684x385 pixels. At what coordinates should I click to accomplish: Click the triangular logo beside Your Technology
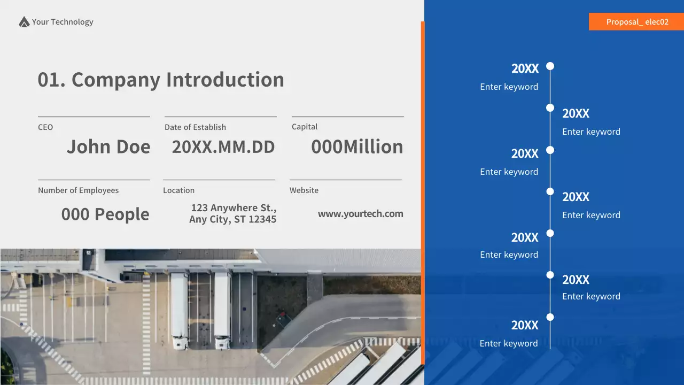click(x=24, y=22)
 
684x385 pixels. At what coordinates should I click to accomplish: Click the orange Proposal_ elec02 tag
click(x=636, y=22)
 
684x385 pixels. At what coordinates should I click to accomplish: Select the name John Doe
click(x=108, y=147)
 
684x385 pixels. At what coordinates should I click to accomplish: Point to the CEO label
click(x=45, y=127)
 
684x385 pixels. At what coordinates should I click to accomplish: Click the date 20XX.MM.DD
click(x=223, y=147)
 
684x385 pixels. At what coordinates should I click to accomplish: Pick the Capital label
click(x=305, y=127)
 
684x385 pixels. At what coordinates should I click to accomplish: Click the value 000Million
click(x=357, y=147)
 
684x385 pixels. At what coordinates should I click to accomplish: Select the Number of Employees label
click(x=79, y=190)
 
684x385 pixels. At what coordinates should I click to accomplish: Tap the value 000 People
click(x=105, y=214)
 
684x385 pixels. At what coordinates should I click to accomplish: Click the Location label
click(x=179, y=190)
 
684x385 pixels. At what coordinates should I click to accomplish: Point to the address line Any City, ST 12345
click(x=233, y=219)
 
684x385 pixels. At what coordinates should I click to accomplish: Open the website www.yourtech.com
click(x=361, y=214)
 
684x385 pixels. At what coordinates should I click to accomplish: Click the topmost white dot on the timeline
click(x=550, y=66)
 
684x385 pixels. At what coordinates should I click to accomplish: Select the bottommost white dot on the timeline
click(x=550, y=317)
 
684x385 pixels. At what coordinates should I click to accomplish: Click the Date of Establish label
click(x=195, y=127)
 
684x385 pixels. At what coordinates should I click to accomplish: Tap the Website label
click(x=304, y=190)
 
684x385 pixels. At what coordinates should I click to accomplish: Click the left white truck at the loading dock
click(x=179, y=310)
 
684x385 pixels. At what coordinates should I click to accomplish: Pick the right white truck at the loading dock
click(x=222, y=310)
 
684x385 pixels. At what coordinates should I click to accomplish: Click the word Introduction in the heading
click(x=225, y=80)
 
